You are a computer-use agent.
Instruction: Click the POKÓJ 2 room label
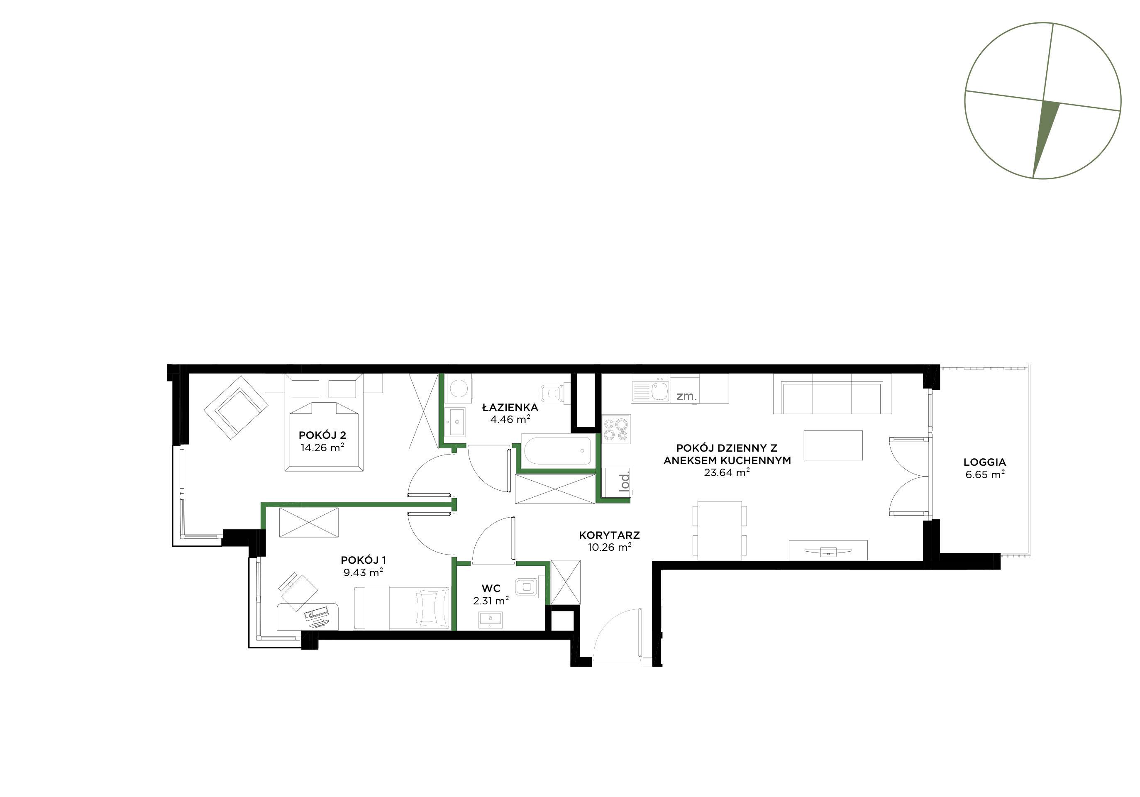322,435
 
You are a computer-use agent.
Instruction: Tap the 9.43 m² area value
363,572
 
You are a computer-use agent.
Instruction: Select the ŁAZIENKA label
510,407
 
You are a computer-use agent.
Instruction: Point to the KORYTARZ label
609,535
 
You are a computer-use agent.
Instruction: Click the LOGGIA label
985,462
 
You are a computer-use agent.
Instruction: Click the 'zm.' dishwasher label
687,396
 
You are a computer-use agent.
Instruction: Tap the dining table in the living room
720,531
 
